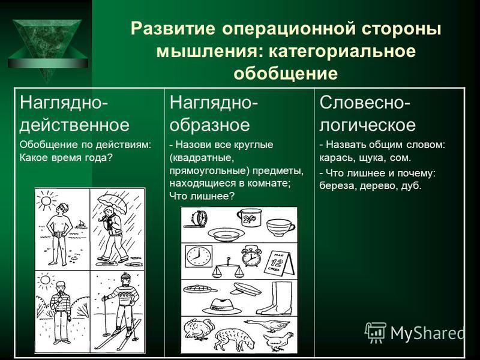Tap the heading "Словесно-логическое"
[367, 113]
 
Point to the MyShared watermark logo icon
[376, 332]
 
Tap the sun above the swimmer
[46, 201]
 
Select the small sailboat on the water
[81, 224]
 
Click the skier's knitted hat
[125, 278]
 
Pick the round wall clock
[199, 256]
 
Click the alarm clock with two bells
[251, 256]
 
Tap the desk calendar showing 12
[279, 263]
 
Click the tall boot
[274, 298]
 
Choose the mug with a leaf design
[250, 217]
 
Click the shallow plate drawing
[226, 235]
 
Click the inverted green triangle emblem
[47, 46]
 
